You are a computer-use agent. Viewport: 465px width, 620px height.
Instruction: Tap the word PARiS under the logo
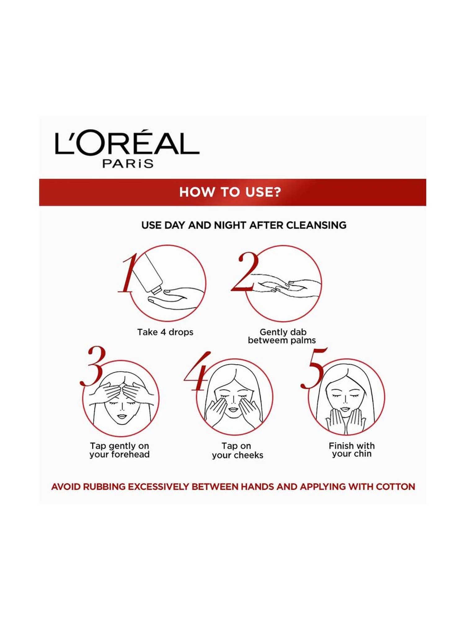pos(128,163)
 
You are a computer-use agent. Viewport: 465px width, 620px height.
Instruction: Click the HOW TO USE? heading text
pos(230,192)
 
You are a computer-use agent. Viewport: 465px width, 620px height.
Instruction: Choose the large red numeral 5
pos(313,369)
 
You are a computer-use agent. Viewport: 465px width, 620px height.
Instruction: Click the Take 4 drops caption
pos(165,332)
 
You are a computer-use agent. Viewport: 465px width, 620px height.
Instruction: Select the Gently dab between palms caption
pos(282,336)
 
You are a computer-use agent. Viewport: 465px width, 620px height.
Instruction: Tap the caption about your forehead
pos(120,450)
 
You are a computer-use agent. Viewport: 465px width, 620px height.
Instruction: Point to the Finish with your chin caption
pos(352,450)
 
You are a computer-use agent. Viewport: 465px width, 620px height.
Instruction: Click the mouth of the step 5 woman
pos(345,409)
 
